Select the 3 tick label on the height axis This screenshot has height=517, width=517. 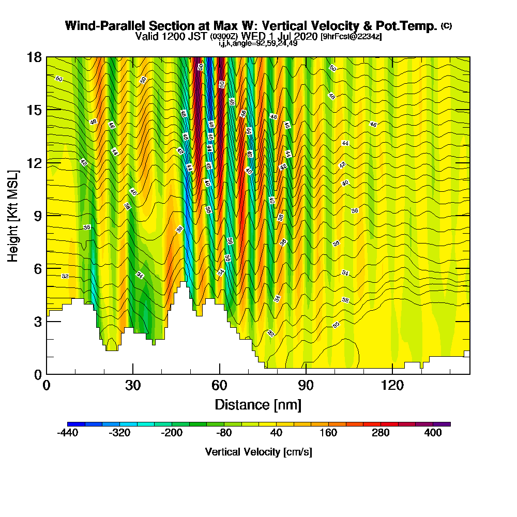click(x=37, y=321)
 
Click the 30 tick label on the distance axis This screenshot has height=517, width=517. click(x=133, y=385)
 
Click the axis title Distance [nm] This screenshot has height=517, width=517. click(x=258, y=404)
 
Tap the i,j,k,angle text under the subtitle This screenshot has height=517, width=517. click(x=258, y=43)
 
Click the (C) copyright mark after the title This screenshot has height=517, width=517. click(x=447, y=25)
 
